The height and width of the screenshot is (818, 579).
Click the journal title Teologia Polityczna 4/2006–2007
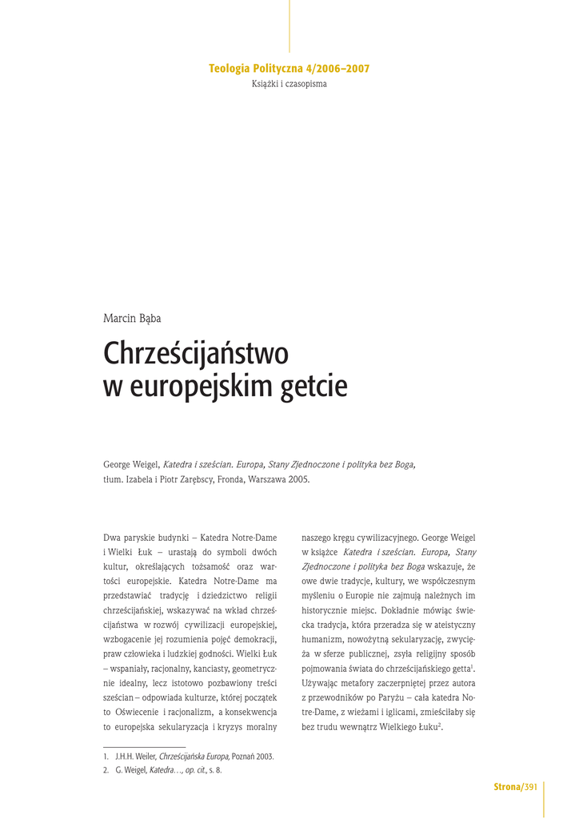[x=289, y=69]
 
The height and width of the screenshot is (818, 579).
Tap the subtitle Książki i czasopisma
[x=289, y=84]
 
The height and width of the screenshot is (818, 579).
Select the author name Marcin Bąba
[x=132, y=319]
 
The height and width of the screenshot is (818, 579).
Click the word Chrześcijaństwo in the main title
[x=196, y=353]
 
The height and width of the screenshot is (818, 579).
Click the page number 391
[x=530, y=788]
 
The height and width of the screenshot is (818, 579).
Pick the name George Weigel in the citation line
[x=132, y=464]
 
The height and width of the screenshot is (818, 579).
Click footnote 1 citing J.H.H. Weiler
[x=189, y=756]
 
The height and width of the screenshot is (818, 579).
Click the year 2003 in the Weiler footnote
[x=264, y=756]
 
